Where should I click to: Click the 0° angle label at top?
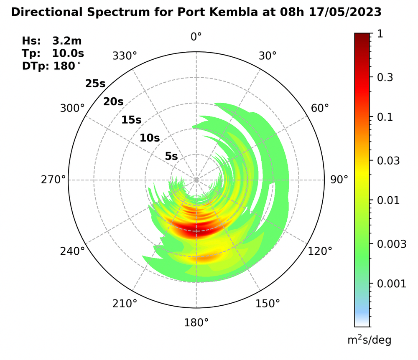196,37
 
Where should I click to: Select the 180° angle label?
196,322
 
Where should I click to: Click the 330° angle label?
125,56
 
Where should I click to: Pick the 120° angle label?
320,251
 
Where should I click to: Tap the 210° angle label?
125,304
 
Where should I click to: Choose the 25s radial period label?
95,84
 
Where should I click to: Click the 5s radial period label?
171,157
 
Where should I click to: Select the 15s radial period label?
131,120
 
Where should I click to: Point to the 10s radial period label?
150,138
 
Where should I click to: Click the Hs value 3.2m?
67,41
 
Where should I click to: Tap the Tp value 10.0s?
68,53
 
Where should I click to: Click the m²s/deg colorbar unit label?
369,340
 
